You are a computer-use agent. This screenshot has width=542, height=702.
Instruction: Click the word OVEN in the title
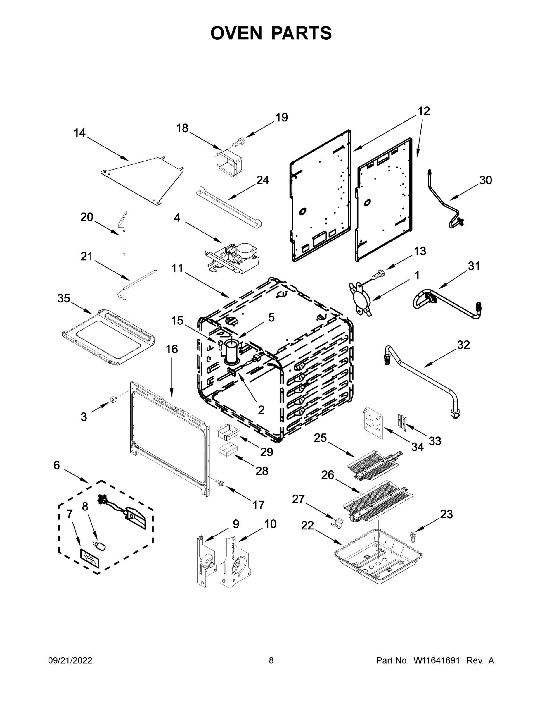pos(236,33)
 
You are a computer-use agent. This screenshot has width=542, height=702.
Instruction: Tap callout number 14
pos(80,133)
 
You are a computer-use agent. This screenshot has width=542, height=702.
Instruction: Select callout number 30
pos(486,180)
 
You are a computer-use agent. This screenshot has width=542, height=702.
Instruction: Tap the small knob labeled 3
pos(113,400)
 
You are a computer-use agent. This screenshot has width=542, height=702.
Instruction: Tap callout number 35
pos(64,298)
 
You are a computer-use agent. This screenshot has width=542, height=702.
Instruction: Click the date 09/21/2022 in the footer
pos(70,660)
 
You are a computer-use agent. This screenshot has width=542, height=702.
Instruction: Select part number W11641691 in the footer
pos(436,660)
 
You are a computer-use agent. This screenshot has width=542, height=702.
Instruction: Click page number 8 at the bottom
pos(271,660)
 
